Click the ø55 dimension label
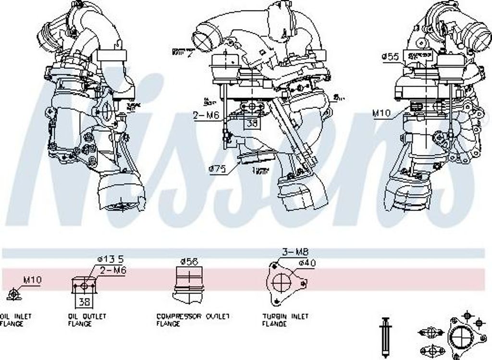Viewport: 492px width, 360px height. (x=391, y=57)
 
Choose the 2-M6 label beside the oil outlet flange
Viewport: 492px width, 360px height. (x=113, y=271)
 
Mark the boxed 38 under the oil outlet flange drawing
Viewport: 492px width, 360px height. (x=84, y=302)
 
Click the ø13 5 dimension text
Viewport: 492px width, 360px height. (x=108, y=260)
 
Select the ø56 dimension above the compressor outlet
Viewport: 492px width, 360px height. (x=189, y=261)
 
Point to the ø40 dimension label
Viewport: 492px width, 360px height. (x=307, y=263)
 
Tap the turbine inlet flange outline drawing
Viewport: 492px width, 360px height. (x=282, y=283)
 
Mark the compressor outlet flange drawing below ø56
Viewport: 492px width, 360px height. (x=189, y=285)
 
